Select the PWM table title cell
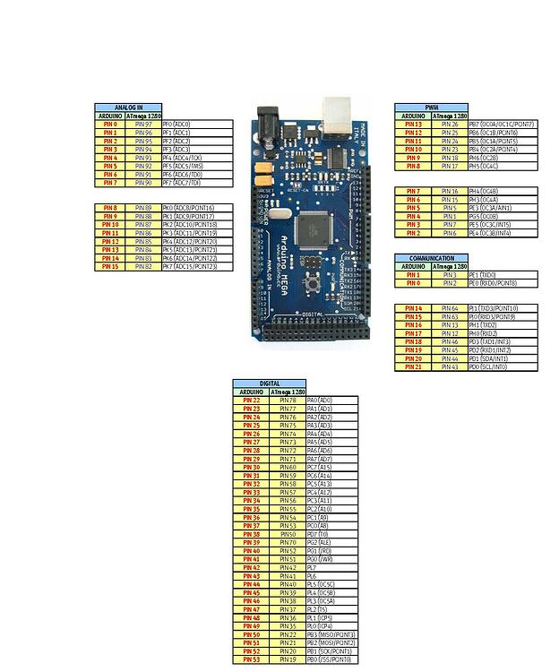tap(432, 108)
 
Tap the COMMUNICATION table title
tap(432, 258)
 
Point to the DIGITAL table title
tap(270, 383)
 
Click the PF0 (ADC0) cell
tap(197, 125)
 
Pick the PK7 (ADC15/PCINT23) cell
tap(197, 266)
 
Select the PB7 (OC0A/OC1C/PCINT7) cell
tap(503, 125)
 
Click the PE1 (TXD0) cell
tap(503, 275)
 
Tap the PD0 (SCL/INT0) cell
tap(503, 366)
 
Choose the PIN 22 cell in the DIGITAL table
tap(251, 401)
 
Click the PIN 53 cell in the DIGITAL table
tap(251, 659)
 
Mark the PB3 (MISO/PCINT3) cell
tap(331, 634)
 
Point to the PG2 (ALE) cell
tap(331, 542)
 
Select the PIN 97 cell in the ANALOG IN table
tap(143, 125)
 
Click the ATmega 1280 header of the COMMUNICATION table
tap(450, 266)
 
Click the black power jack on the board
tap(268, 124)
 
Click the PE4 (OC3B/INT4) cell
tap(503, 233)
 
